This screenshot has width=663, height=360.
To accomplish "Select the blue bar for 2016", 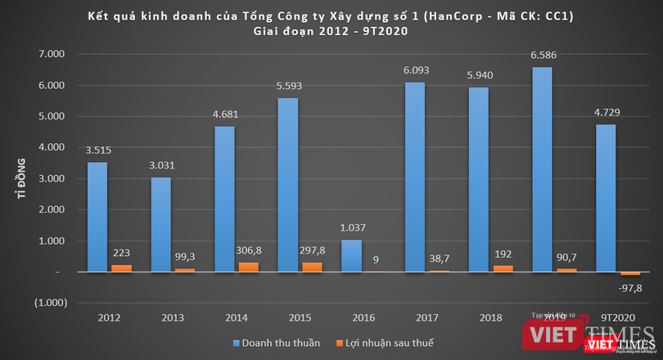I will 352,255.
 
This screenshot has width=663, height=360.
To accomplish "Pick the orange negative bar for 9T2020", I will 630,273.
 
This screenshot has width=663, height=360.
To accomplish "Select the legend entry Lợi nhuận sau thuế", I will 392,341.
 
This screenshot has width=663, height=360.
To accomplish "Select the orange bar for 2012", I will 120,268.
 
